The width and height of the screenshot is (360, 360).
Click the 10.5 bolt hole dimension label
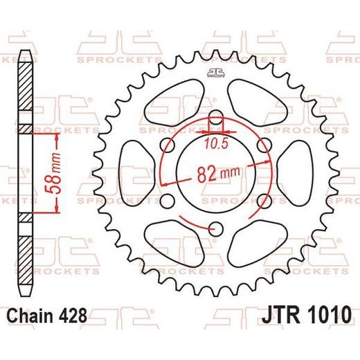(x=216, y=143)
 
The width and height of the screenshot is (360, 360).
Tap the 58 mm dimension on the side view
(x=53, y=173)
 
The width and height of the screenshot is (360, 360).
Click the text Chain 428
(x=47, y=316)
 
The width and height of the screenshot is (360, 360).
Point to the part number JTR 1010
(x=307, y=315)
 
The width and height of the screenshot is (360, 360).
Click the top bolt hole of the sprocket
(x=216, y=117)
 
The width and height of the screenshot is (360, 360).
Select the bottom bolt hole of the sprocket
(x=216, y=229)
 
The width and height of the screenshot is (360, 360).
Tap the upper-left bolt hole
(x=168, y=145)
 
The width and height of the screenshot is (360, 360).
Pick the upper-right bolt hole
(x=264, y=145)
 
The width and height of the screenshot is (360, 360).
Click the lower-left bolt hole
(x=168, y=201)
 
